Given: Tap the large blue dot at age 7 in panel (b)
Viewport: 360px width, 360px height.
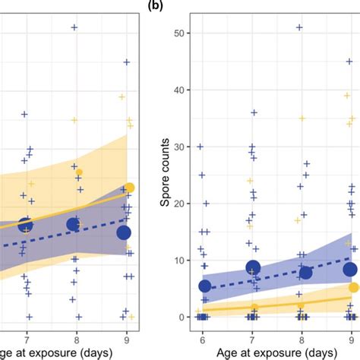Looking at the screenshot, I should (253, 267).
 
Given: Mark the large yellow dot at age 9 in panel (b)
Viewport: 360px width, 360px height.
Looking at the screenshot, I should (353, 287).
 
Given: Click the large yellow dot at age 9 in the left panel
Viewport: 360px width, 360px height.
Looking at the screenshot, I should (129, 188).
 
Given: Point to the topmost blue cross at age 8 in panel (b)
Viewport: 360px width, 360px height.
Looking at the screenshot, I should (300, 27).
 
